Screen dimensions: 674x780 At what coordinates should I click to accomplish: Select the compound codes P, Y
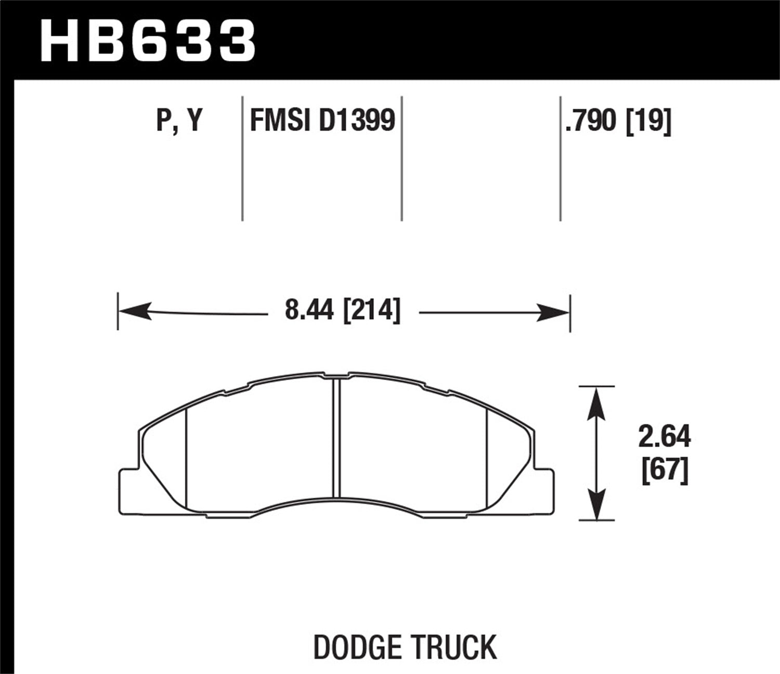coord(179,121)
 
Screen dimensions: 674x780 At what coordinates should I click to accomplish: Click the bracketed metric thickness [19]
coord(648,121)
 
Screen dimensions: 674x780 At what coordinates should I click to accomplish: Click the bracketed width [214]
coord(372,311)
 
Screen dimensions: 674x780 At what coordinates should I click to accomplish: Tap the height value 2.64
coord(664,437)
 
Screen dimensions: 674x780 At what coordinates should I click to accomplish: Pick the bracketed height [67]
coord(664,471)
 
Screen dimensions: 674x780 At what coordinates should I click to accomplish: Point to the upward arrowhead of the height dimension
coord(596,403)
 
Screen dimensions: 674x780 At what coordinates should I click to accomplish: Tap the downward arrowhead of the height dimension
coord(596,504)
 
